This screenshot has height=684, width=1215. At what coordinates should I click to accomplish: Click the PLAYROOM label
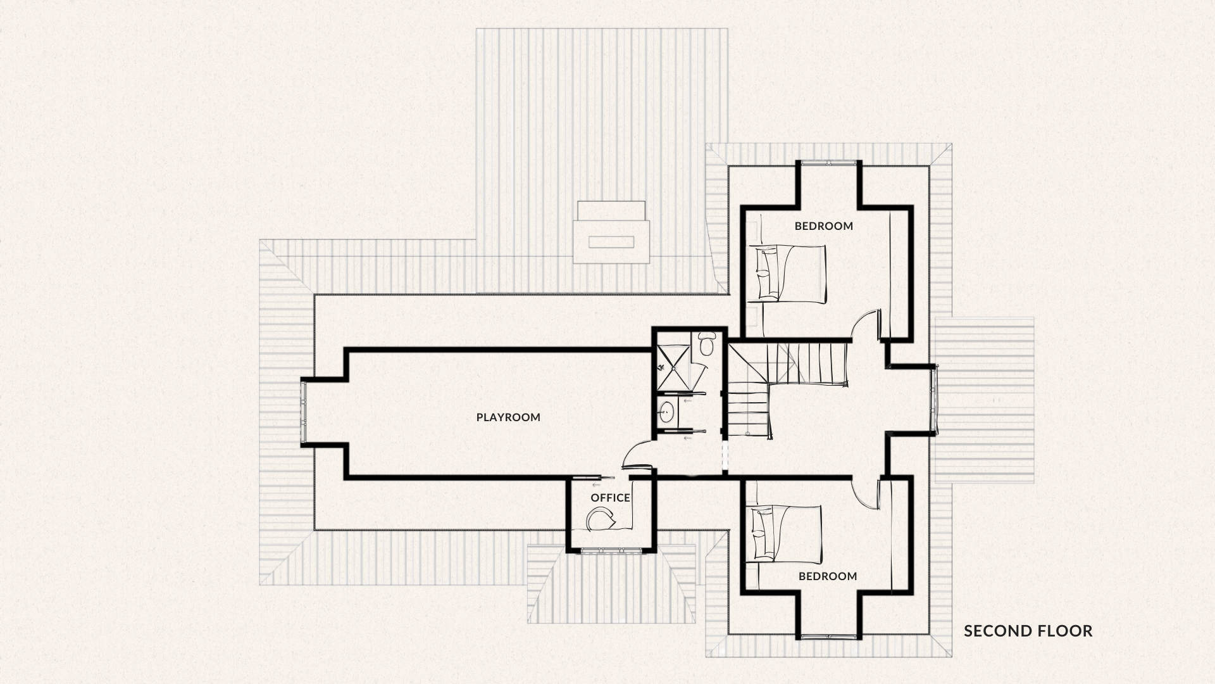(508, 417)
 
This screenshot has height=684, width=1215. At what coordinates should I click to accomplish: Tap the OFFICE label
(611, 498)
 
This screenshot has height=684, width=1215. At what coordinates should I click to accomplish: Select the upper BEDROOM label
(824, 226)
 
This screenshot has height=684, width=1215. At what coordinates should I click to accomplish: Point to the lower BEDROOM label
(828, 576)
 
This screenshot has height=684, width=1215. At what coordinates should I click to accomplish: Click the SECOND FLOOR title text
(1028, 631)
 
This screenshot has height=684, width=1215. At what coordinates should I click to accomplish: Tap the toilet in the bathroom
(706, 345)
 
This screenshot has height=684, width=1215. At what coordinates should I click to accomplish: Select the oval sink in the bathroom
(666, 414)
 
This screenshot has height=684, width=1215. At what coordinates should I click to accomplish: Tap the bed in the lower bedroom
(785, 533)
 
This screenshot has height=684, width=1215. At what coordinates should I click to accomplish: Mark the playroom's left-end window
(304, 412)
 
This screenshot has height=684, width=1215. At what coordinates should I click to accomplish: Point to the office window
(611, 550)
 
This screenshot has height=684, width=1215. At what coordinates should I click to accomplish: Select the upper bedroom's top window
(828, 163)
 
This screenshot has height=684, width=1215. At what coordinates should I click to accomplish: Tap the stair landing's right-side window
(933, 400)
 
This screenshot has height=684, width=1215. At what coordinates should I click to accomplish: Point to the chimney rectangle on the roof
(611, 241)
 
